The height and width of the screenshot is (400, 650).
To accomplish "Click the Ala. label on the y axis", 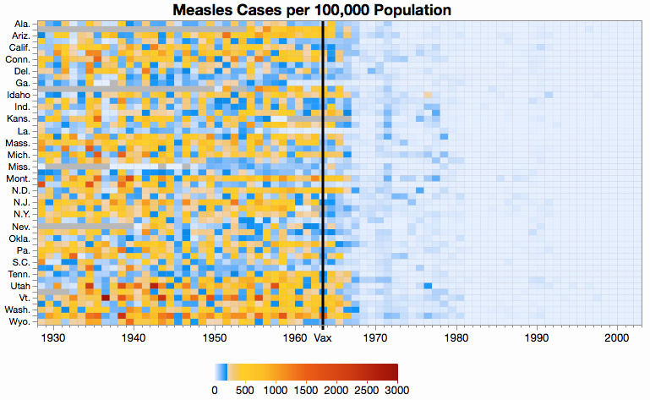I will click(23, 24).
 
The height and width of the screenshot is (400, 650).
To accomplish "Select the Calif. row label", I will click(19, 48).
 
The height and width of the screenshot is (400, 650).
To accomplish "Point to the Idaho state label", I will click(19, 96).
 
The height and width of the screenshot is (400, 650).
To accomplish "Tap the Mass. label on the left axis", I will click(19, 144).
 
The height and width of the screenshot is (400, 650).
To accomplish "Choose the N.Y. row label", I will click(21, 215).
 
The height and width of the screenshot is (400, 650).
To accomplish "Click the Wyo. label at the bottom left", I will click(20, 322).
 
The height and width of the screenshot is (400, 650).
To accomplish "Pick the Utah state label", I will click(20, 287).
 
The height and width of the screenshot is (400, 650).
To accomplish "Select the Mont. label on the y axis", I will click(19, 179).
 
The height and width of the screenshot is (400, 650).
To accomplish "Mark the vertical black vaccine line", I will click(323, 169).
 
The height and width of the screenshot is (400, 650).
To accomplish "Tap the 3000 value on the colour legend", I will click(397, 390).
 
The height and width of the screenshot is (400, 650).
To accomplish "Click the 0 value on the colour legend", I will click(215, 390).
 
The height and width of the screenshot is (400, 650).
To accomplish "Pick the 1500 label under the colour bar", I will click(305, 390).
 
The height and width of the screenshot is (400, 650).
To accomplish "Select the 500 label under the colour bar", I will click(245, 390).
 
